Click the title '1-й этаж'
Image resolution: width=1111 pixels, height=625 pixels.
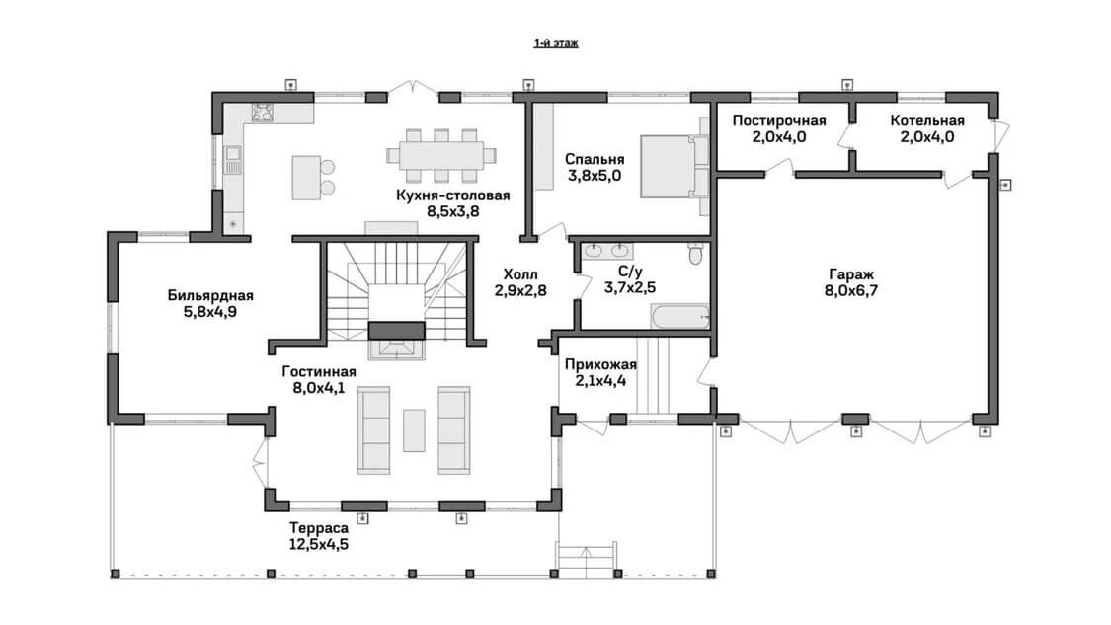pos(555,43)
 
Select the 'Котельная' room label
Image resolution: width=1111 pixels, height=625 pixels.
pos(926,120)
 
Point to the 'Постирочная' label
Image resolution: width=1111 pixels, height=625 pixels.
pos(779,120)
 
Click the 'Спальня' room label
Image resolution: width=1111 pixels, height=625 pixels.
pos(595,159)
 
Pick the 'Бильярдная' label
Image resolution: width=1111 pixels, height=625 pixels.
pos(210,295)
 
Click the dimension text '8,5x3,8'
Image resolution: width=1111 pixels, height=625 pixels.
pos(452,211)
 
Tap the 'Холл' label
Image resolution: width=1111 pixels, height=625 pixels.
pos(520,274)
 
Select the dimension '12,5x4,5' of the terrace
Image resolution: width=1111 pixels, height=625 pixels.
pos(319,544)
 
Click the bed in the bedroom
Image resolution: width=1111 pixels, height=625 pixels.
pos(674,166)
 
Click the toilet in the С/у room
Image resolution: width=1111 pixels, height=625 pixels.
pos(696,253)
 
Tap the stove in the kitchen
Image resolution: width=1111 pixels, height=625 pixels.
pos(262,112)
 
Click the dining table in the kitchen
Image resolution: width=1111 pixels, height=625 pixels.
pos(440,155)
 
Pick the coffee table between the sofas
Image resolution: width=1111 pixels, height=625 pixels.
pos(414,430)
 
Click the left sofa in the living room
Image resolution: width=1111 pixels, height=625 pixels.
pos(373,430)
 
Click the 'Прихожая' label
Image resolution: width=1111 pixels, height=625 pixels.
pos(600,365)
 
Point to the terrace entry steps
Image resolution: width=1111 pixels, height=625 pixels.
pos(586,555)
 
